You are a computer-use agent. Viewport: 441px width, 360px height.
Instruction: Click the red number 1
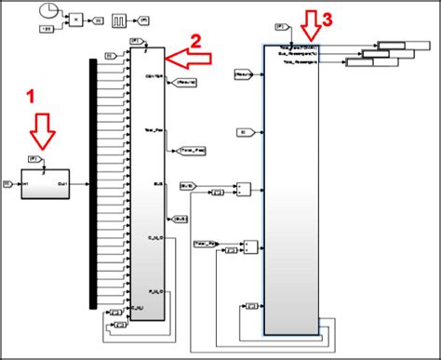pyautogui.click(x=30, y=96)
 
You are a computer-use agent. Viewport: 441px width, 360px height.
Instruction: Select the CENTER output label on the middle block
pyautogui.click(x=154, y=77)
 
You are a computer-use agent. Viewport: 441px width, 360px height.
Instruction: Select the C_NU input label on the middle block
pyautogui.click(x=139, y=306)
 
